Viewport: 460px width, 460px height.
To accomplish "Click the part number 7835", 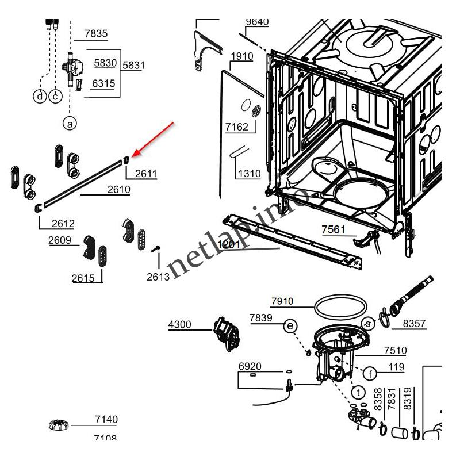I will [96, 34].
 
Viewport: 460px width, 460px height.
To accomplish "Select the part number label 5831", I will [133, 65].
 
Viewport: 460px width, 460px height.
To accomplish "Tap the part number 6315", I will [103, 83].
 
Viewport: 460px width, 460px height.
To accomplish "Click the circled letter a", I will [69, 122].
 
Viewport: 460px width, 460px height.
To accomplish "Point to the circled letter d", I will [39, 96].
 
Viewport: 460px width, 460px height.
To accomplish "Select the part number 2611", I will [146, 173].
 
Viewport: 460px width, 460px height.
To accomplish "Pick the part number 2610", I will [118, 189].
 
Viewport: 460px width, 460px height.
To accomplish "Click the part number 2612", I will [63, 224].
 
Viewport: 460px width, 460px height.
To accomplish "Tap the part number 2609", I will [60, 240].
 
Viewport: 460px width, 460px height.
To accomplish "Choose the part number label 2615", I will [83, 278].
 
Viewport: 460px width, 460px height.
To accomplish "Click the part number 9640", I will [257, 22].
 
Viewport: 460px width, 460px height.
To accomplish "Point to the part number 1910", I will [241, 56].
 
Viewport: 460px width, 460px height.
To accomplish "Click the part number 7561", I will [333, 229].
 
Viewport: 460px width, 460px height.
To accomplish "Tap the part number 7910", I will [282, 301].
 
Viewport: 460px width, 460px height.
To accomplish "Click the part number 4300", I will [179, 324].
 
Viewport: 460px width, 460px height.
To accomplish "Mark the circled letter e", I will [291, 327].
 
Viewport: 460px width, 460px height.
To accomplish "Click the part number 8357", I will [414, 324].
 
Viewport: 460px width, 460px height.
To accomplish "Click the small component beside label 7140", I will [58, 426].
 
